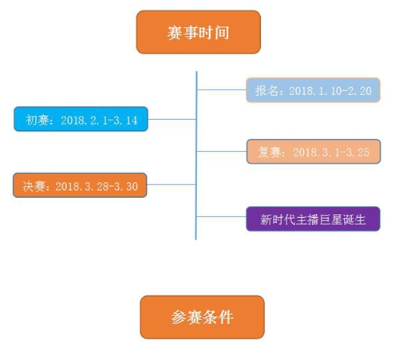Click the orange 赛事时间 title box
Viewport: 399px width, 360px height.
point(199,32)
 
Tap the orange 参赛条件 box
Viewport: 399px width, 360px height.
point(202,317)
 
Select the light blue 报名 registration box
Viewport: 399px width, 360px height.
point(313,90)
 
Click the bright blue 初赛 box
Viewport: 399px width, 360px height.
point(81,119)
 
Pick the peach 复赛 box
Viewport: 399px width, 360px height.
point(314,152)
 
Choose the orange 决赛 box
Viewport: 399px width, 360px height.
point(80,185)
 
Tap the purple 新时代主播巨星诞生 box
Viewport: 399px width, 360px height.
point(313,219)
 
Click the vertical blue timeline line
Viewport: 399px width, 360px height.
point(196,156)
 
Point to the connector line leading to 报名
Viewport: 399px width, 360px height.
point(222,90)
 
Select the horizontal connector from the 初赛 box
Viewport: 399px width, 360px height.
point(172,119)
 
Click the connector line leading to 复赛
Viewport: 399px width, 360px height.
point(222,151)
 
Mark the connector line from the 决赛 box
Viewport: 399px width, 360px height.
point(172,184)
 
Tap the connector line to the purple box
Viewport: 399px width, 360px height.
point(221,216)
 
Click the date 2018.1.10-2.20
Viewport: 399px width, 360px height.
point(330,91)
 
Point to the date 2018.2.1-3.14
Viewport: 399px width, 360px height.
point(99,121)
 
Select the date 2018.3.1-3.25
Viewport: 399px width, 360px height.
point(331,152)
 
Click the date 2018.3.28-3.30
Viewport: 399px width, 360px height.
point(97,187)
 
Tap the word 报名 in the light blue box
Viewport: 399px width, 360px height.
point(267,91)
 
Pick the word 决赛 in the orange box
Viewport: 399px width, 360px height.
point(34,186)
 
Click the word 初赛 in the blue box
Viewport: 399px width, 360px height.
point(37,120)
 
